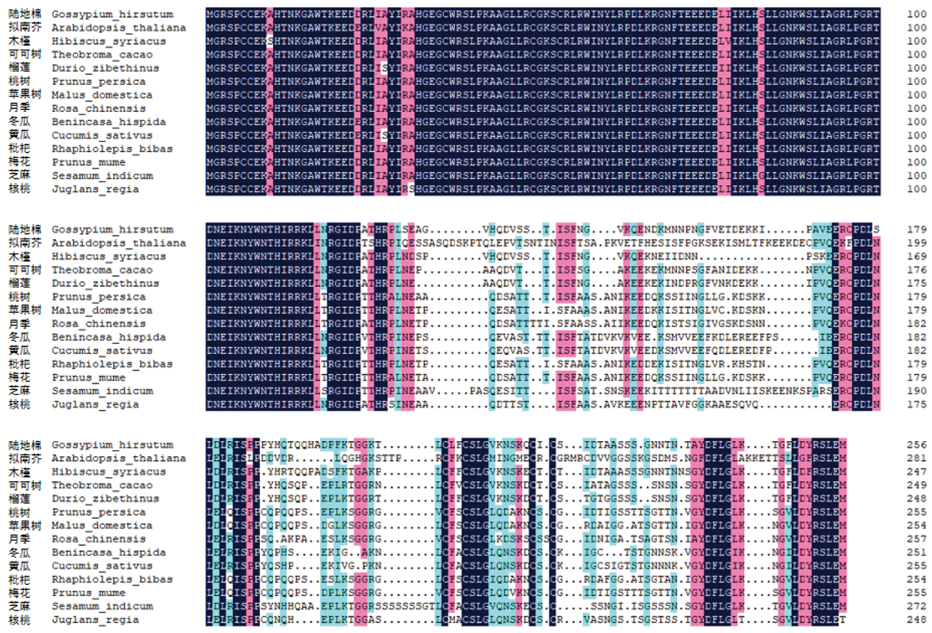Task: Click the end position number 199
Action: (x=916, y=243)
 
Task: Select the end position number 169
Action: (x=916, y=256)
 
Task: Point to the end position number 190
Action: (x=916, y=391)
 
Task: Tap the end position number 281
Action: (x=916, y=458)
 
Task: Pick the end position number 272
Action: (x=916, y=606)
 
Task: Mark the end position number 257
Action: (x=916, y=539)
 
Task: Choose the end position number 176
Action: (x=916, y=270)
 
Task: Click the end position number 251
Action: (x=916, y=552)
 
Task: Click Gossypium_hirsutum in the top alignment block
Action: (x=112, y=14)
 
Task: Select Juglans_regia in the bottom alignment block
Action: (x=95, y=620)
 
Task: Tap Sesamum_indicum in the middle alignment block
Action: (x=103, y=391)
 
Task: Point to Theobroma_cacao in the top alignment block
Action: (x=102, y=55)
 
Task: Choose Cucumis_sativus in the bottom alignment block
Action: (x=102, y=566)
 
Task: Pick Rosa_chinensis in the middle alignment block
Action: (x=99, y=324)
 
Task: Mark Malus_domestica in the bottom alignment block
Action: (x=102, y=526)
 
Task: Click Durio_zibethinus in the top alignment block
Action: (x=105, y=68)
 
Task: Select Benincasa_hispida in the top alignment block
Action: (x=109, y=122)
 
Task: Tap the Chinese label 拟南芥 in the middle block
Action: (x=24, y=243)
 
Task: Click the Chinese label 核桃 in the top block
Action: (x=20, y=189)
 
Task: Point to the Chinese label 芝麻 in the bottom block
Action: (x=20, y=606)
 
